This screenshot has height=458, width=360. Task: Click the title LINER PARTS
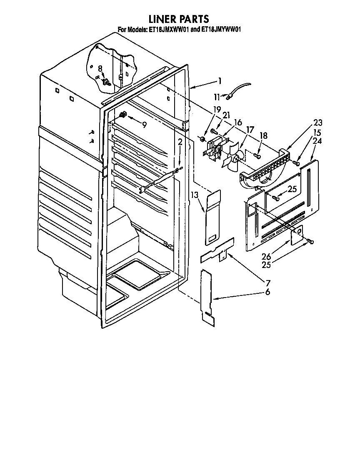click(179, 19)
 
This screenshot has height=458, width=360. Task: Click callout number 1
click(220, 81)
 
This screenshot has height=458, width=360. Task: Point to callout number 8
click(100, 68)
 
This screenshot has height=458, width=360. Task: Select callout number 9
click(144, 124)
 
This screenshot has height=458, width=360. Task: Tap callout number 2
click(180, 143)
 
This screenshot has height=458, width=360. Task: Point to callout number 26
click(266, 257)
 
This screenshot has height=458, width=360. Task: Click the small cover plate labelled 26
click(297, 235)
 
